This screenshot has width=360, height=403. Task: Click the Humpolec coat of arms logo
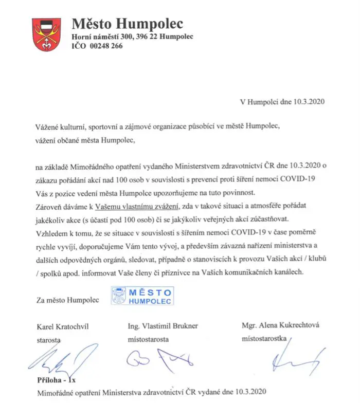pos(47,34)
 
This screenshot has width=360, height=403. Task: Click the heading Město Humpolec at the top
pos(127,24)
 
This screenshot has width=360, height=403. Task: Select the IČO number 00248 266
pos(104,46)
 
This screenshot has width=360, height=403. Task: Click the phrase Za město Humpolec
pos(61,300)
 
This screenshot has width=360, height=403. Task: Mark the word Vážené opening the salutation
pos(49,126)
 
